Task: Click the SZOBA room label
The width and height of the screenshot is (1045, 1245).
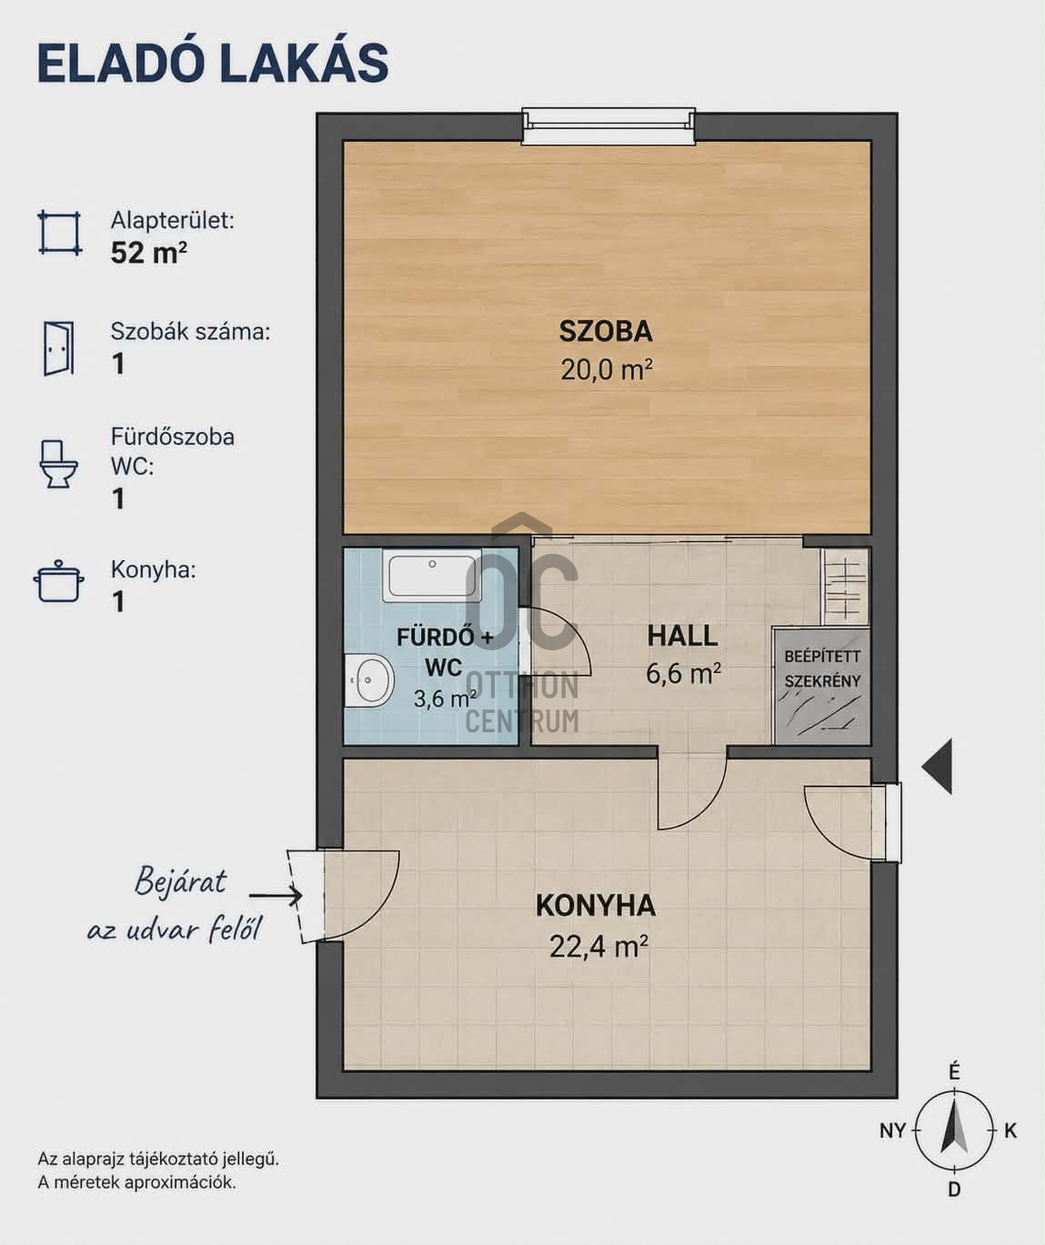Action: click(x=606, y=332)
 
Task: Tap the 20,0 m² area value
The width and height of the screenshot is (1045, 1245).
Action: click(x=606, y=370)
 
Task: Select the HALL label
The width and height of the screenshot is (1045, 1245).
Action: click(x=682, y=637)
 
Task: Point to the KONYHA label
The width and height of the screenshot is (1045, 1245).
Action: click(x=596, y=906)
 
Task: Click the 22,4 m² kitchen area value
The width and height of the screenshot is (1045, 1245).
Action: click(x=598, y=946)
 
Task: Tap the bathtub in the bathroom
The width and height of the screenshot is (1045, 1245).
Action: click(x=432, y=576)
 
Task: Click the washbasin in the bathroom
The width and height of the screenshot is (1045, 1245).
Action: click(x=370, y=679)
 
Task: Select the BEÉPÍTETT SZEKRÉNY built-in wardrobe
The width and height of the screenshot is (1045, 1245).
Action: click(x=821, y=686)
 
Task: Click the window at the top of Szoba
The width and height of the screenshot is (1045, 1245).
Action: click(x=608, y=126)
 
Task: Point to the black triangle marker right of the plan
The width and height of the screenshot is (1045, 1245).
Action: click(x=938, y=767)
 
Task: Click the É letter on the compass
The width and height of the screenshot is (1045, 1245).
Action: click(x=954, y=1073)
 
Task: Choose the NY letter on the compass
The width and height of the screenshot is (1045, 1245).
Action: click(x=892, y=1130)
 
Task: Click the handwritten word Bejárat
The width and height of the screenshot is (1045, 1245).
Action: click(x=181, y=881)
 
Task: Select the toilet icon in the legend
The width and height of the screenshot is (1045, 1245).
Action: click(x=58, y=464)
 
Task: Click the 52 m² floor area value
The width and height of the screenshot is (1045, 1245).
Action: click(x=148, y=253)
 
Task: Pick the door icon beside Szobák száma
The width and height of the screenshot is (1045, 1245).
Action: click(x=58, y=348)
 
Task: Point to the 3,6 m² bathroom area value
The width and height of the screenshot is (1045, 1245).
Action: click(x=445, y=698)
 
